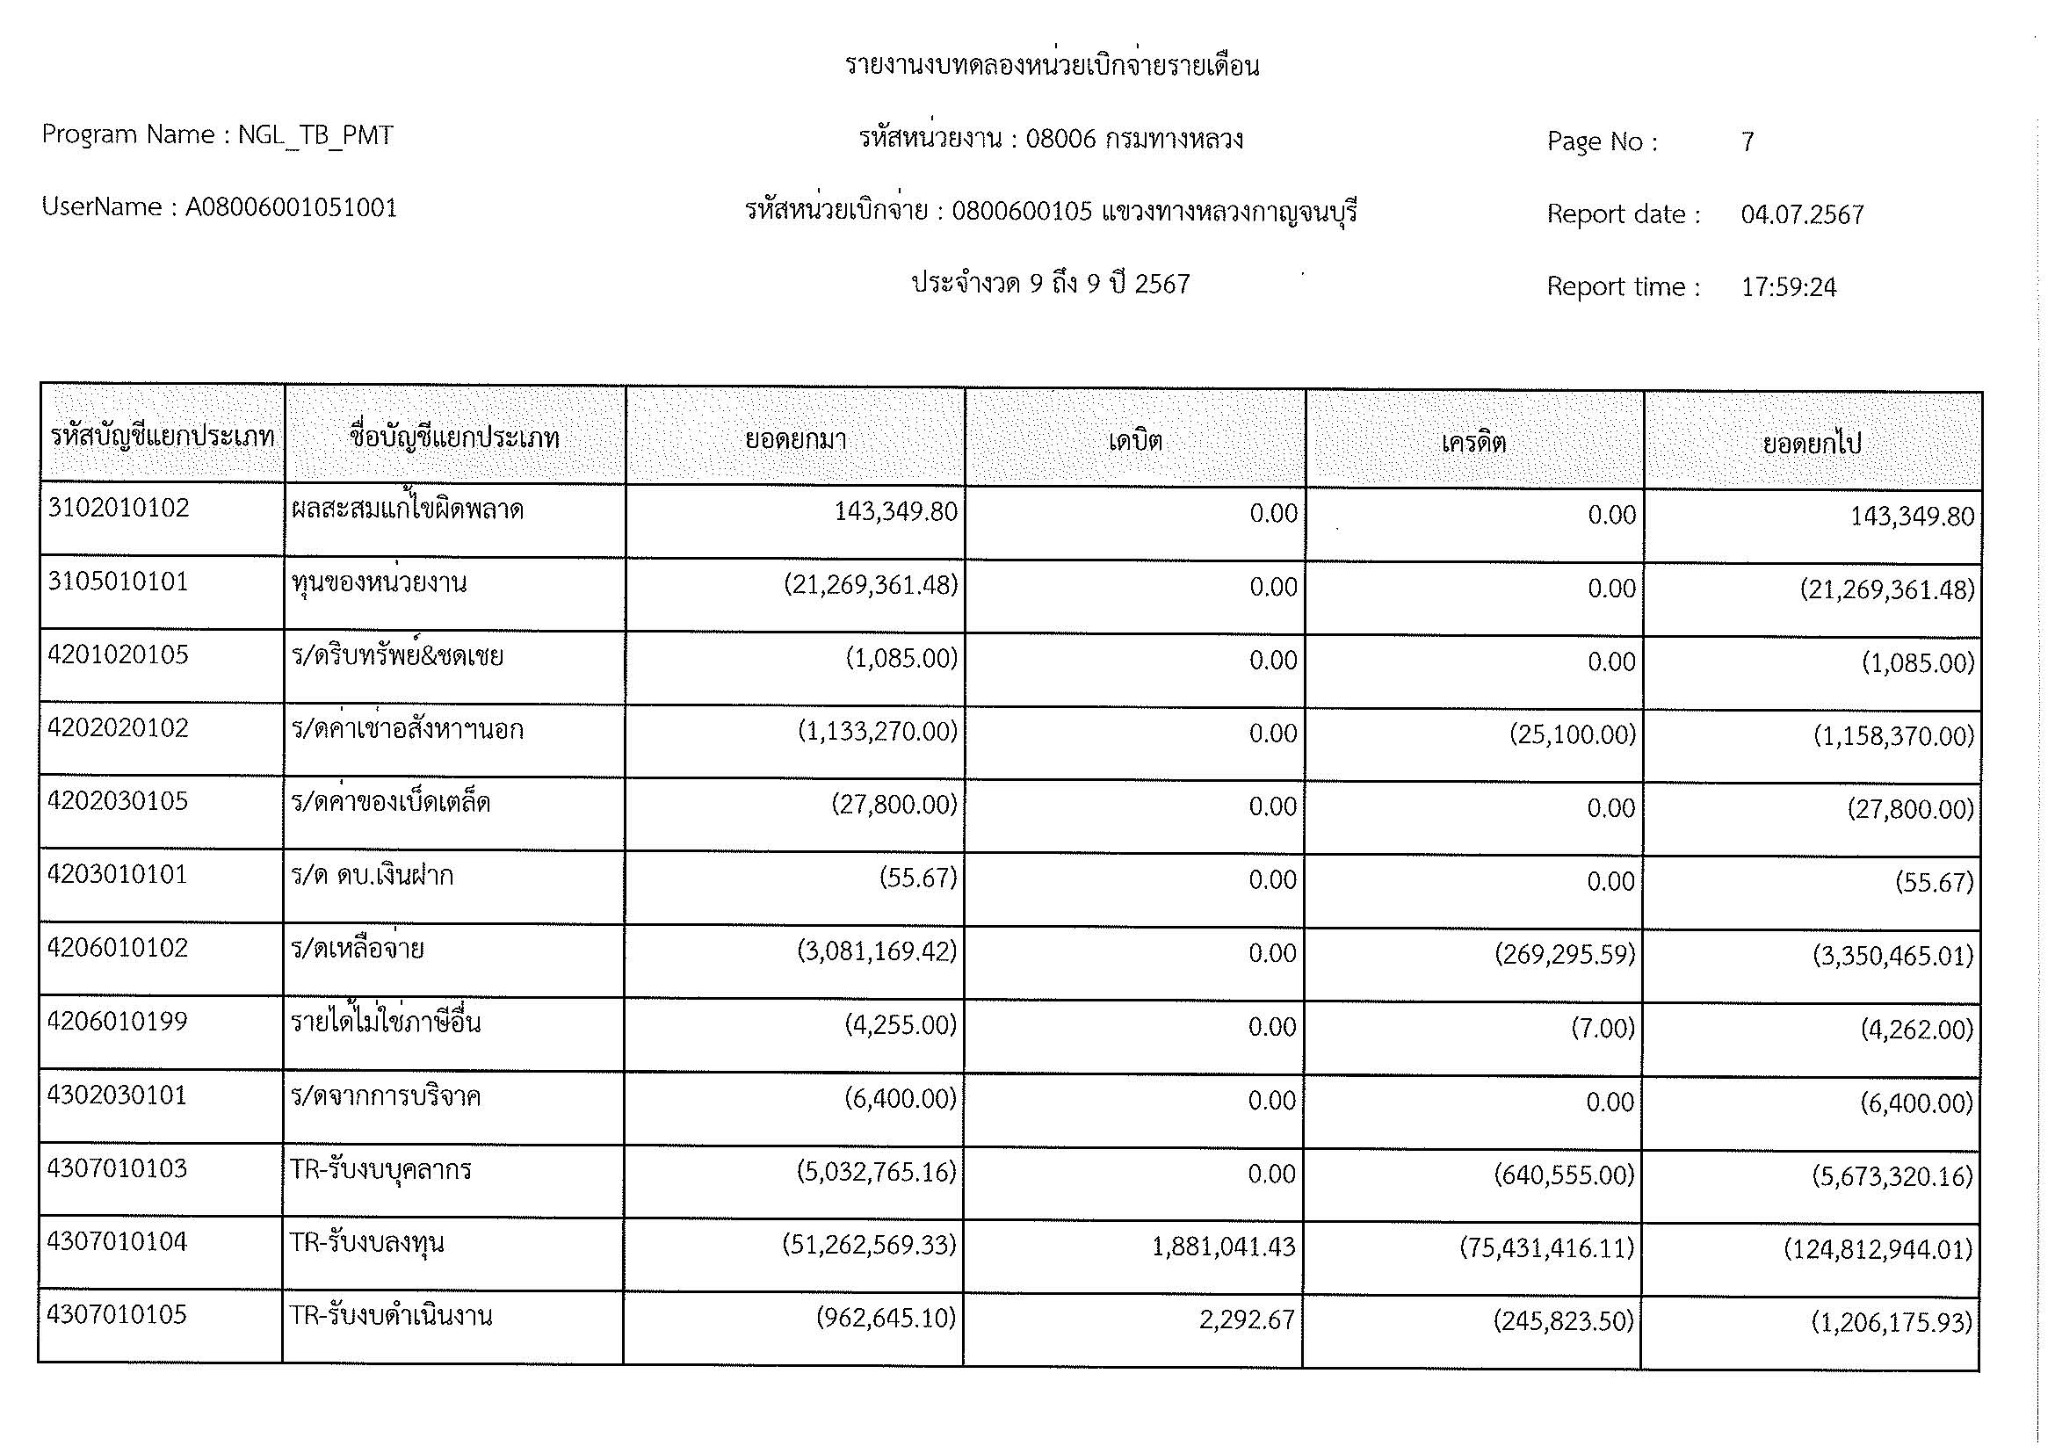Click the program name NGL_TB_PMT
point(315,135)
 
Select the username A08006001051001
point(291,207)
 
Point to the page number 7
point(1747,141)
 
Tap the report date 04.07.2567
point(1802,214)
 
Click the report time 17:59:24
point(1788,287)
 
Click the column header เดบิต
point(1135,440)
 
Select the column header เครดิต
point(1473,442)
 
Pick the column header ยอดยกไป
point(1812,444)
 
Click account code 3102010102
point(119,508)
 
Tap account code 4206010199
point(117,1021)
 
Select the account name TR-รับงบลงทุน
point(367,1243)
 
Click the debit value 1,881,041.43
point(1223,1247)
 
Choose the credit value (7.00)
point(1603,1028)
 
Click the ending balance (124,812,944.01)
point(1878,1249)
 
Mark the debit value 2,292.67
point(1247,1319)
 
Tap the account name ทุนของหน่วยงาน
point(379,583)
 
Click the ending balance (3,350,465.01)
point(1892,956)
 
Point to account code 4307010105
point(117,1314)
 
